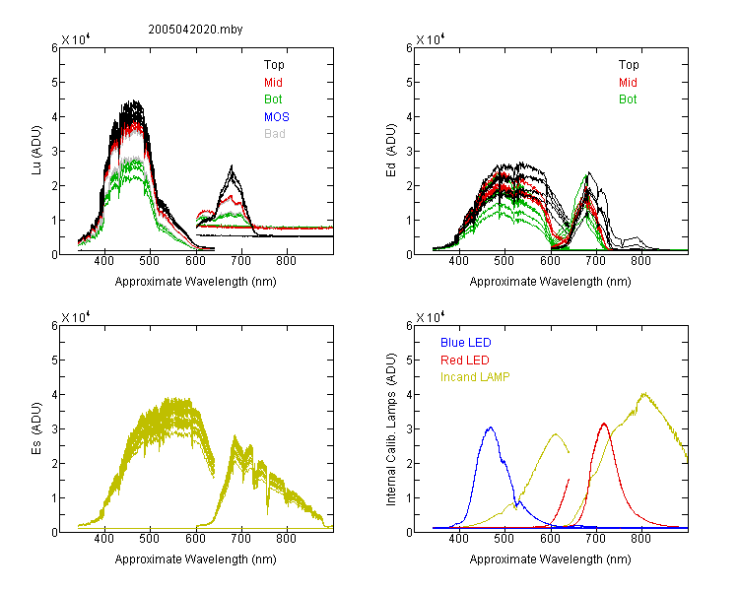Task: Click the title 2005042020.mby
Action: [x=195, y=30]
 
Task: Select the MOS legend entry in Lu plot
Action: [x=277, y=117]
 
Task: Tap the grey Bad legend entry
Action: [x=275, y=134]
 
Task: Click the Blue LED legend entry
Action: [x=466, y=343]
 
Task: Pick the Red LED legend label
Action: [x=465, y=361]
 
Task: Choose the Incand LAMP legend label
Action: [x=475, y=377]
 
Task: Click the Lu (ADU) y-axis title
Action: [x=36, y=150]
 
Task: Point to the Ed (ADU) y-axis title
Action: [x=391, y=151]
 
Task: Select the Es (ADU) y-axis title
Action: [x=36, y=428]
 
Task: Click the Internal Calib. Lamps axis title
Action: [x=391, y=429]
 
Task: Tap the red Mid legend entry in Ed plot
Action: [x=628, y=83]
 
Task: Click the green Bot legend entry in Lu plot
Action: [x=273, y=99]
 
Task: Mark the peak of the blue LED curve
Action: [x=491, y=427]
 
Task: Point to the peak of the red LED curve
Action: [x=604, y=424]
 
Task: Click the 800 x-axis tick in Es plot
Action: [x=286, y=538]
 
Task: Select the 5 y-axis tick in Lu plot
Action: [x=54, y=83]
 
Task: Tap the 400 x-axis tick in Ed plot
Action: [x=458, y=261]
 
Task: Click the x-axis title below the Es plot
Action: [x=196, y=559]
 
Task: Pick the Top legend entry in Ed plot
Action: [x=629, y=65]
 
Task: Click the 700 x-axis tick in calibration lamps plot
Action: [x=596, y=538]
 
